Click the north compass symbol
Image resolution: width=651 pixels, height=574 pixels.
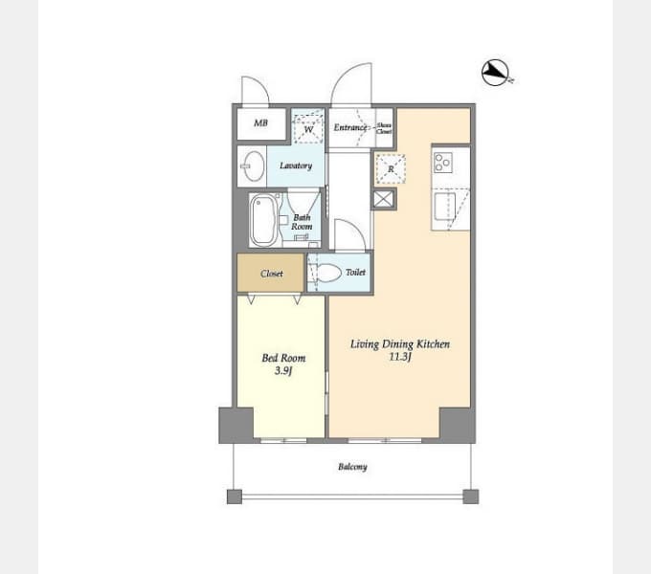point(496,73)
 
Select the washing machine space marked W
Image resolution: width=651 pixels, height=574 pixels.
point(308,128)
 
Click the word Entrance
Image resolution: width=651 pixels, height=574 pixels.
point(350,127)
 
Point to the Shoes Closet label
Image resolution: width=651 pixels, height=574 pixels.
point(384,128)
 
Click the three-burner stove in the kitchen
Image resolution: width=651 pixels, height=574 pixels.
point(443,163)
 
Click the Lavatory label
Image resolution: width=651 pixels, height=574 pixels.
point(296,166)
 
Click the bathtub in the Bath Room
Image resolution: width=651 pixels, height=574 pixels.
point(263,221)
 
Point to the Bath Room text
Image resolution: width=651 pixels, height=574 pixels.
point(302,222)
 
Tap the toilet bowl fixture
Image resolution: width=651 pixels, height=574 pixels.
point(327,274)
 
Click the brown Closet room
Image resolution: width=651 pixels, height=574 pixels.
point(271,274)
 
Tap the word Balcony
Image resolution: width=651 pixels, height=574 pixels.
point(352,467)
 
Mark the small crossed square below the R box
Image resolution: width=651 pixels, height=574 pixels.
point(383,199)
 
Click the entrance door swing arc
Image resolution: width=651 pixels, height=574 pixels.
point(350,86)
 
